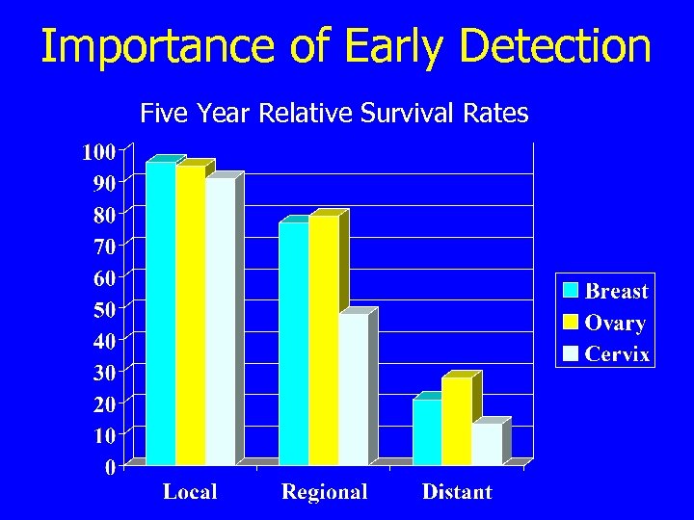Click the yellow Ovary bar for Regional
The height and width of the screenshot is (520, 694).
tap(324, 341)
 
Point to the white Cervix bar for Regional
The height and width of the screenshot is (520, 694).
tap(353, 390)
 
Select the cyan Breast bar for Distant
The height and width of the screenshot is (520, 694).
tap(427, 432)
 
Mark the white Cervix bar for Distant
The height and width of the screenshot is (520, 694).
tap(487, 444)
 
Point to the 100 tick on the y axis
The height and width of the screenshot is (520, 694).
tap(97, 151)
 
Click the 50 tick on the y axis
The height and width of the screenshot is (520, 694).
tap(103, 309)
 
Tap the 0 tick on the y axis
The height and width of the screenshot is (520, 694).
tap(110, 467)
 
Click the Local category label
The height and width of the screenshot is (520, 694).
tap(190, 492)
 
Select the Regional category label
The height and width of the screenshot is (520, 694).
tap(324, 492)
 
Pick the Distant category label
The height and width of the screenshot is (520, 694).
tap(457, 492)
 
